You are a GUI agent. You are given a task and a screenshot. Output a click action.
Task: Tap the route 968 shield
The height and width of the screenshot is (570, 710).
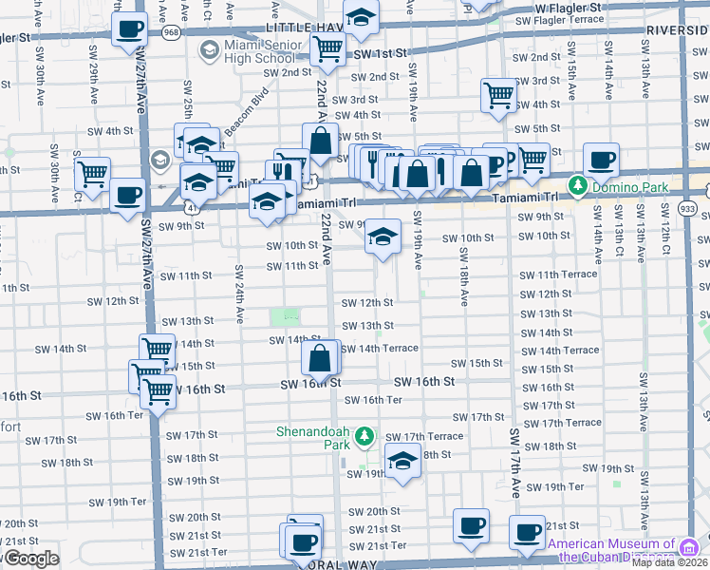pos(171,32)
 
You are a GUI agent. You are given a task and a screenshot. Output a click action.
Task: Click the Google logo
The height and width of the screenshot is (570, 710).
pos(30,559)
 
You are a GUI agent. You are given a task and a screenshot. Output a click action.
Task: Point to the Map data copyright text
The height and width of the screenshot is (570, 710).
pos(670,562)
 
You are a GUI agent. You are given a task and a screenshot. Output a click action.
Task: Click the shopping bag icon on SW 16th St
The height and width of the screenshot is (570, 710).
pos(321,358)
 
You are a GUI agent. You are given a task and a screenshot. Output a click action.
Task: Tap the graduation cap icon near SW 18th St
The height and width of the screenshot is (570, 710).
pos(403,461)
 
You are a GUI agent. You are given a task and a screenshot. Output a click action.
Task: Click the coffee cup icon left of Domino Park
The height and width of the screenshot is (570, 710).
pos(600,159)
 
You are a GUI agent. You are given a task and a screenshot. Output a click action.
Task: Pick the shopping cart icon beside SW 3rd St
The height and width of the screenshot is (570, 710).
pos(498,94)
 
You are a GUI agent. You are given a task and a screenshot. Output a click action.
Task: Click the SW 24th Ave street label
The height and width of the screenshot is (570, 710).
pos(239,294)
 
